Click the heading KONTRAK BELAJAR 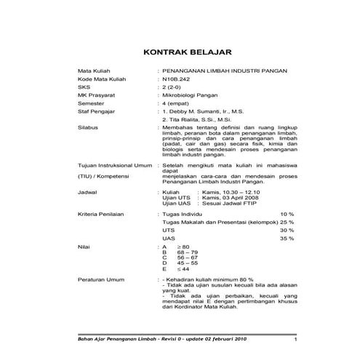coord(185,52)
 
